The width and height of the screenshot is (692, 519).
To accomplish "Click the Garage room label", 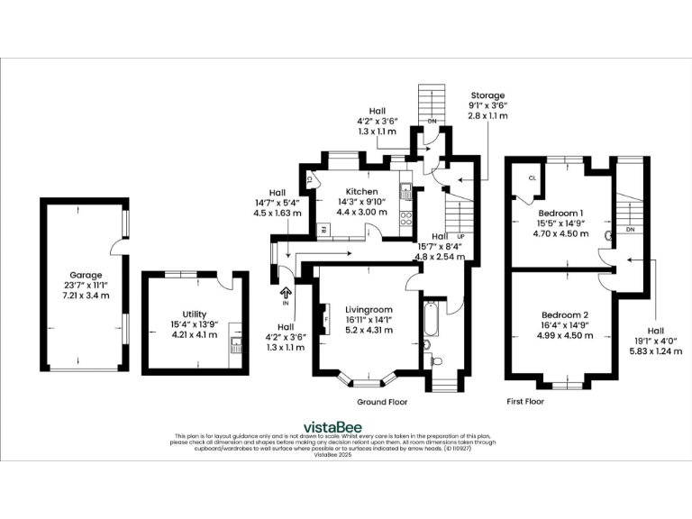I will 86,275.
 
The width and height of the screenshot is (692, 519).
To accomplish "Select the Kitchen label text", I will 361,191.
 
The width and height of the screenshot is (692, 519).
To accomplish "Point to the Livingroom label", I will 369,309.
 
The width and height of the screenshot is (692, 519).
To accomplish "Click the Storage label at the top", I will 487,95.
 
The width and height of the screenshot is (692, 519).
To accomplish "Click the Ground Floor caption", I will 384,402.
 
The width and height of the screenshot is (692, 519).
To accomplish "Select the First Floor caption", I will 528,402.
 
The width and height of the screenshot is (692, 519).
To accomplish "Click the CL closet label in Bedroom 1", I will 533,178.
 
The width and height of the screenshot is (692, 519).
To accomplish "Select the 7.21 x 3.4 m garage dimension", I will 86,296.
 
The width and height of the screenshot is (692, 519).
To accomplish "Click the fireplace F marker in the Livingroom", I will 326,318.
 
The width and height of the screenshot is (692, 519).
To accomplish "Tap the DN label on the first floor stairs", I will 630,230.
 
